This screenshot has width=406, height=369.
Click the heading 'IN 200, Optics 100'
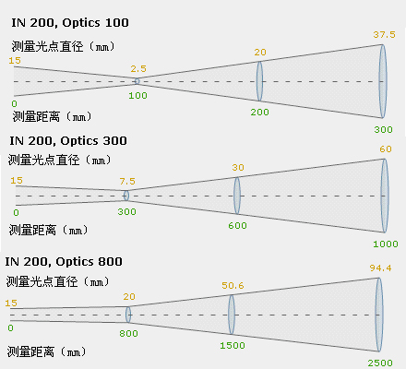pos(70,23)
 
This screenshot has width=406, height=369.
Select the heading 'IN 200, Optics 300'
pos(68,141)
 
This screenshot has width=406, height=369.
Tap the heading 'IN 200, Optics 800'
pos(64,262)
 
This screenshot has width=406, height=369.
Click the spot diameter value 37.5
pos(385,35)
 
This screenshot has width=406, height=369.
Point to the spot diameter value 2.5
pos(138,68)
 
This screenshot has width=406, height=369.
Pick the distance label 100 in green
pos(137,96)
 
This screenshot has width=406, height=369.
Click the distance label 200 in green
pos(259,113)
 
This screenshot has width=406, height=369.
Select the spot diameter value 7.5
pos(127,182)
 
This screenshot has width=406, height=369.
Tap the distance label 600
pos(237,226)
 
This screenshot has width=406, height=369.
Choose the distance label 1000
pos(386,244)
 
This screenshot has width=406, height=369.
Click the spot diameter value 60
pos(386,149)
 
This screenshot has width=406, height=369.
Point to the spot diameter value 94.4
pos(380,268)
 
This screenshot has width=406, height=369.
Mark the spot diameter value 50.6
pos(233,286)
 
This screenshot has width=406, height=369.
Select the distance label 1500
pos(233,346)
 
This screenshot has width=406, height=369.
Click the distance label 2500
pos(380,363)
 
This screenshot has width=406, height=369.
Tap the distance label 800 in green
pos(128,334)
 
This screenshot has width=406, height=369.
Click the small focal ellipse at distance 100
pos(137,81)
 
